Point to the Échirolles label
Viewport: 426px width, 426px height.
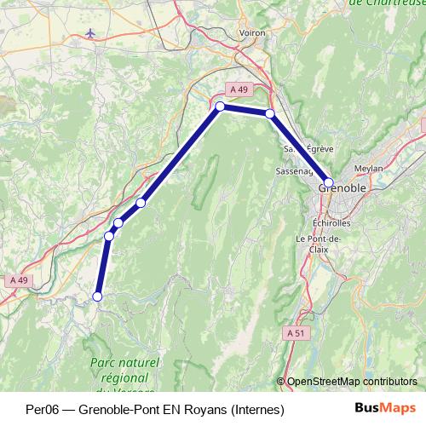coord(328,222)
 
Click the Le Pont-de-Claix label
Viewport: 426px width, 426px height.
coord(318,245)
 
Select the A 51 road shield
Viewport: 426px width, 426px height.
coord(295,332)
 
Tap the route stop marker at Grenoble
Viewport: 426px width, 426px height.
coord(329,182)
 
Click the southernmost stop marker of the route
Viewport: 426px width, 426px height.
coord(97,296)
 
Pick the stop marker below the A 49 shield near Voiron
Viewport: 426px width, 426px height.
coord(220,106)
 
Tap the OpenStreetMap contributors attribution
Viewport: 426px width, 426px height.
coord(351,382)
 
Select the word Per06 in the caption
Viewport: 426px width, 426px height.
coord(42,409)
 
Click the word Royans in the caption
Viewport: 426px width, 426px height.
coord(204,409)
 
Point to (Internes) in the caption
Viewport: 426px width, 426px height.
coord(256,409)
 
